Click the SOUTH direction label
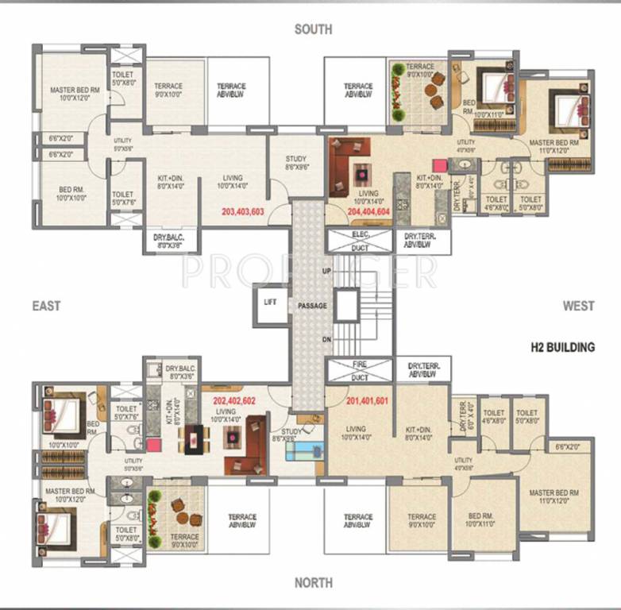tap(313, 29)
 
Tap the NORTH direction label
tap(313, 584)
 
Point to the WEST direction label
tap(579, 306)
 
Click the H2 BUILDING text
tap(561, 347)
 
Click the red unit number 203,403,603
tap(243, 212)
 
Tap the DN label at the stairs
tap(325, 339)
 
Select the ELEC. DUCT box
tap(360, 241)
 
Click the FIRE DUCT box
tap(360, 369)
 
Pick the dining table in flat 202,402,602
tap(193, 438)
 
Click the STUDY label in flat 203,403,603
tap(295, 164)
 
